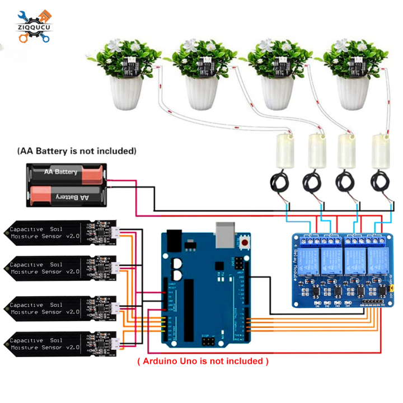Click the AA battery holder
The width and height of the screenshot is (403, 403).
coord(66,184)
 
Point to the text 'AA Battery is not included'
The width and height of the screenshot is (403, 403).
coord(77,151)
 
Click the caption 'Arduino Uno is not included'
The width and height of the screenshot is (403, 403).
coord(203,361)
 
